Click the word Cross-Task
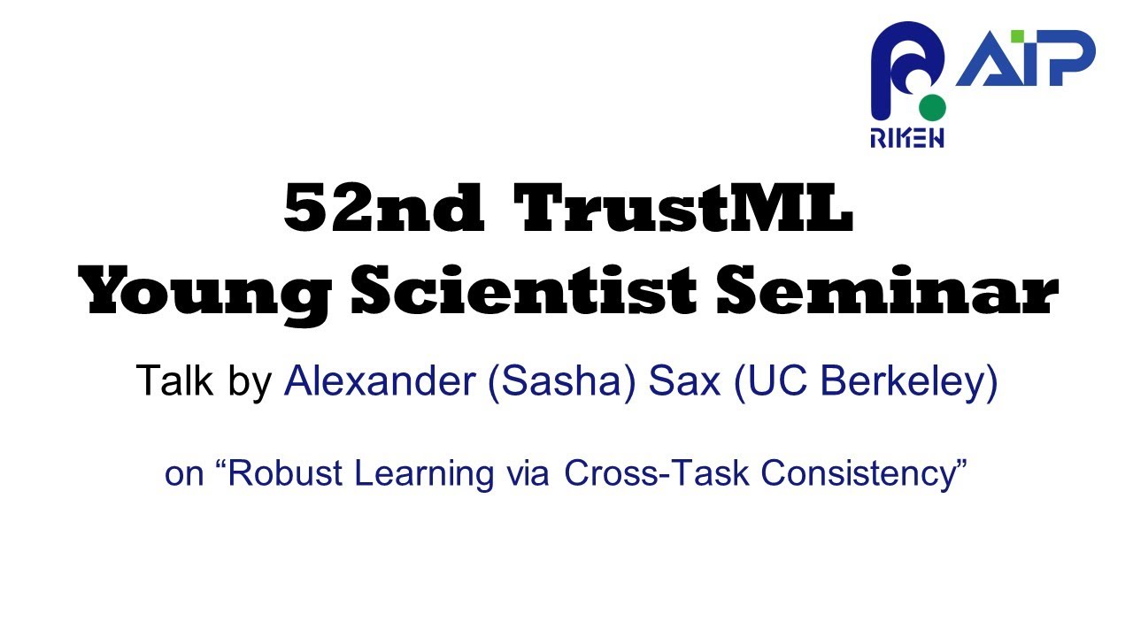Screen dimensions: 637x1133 click(x=658, y=473)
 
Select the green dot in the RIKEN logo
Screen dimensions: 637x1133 click(x=932, y=108)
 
